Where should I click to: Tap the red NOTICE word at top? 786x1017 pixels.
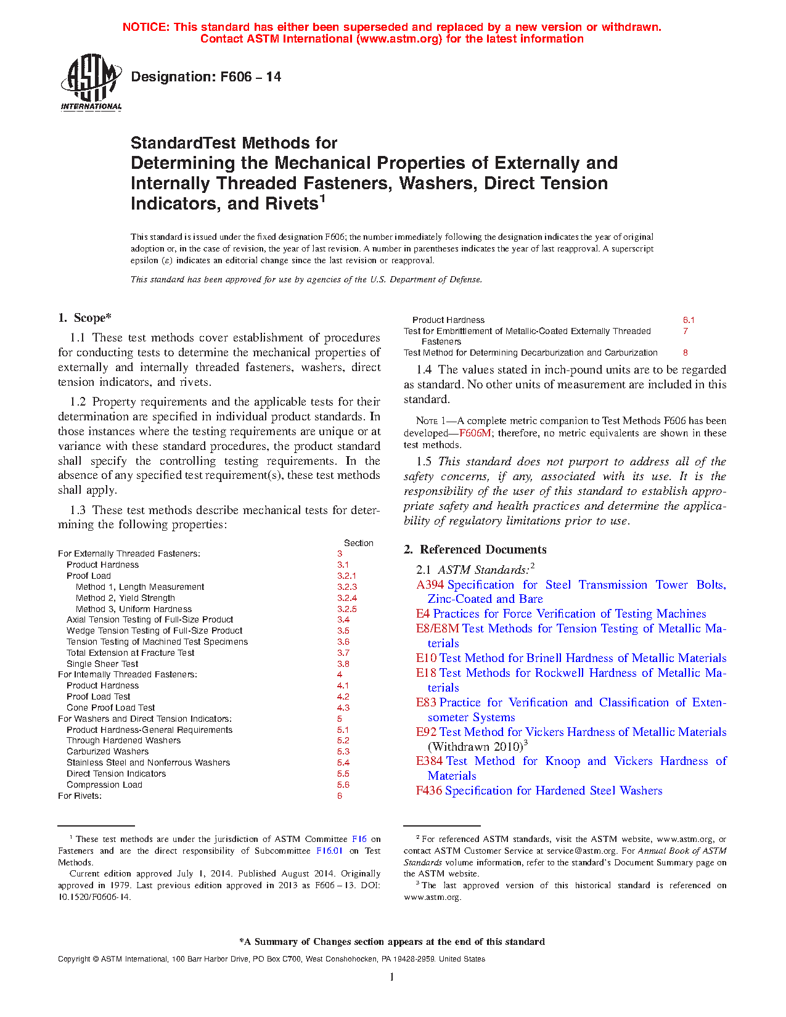point(146,27)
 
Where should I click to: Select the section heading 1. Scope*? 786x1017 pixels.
point(84,318)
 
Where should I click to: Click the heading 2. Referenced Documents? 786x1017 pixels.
point(475,549)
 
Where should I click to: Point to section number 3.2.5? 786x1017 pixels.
point(346,609)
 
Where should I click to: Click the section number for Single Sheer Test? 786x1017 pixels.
point(343,664)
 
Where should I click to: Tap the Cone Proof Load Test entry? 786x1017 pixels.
point(111,708)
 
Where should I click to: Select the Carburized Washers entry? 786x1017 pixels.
point(108,751)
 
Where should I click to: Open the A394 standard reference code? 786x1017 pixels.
point(430,585)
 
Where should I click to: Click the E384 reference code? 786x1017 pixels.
point(429,761)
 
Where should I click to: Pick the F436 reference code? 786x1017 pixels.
point(428,791)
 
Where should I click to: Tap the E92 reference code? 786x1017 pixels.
point(426,732)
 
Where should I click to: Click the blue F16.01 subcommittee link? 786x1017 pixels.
point(329,851)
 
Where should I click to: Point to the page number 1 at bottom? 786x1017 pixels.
point(392,977)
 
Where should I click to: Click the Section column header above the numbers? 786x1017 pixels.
point(358,543)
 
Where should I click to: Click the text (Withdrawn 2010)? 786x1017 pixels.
point(475,746)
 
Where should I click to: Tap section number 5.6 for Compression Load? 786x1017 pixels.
point(343,785)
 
